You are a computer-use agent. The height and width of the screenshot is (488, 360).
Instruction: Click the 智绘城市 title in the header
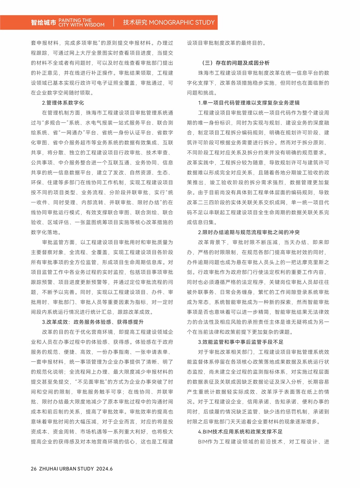coord(43,23)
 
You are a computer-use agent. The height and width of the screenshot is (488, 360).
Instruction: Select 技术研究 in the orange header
coord(135,23)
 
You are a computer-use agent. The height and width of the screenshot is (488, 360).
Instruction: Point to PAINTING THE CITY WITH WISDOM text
coord(82,23)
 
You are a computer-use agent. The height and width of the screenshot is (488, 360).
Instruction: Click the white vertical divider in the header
coord(114,23)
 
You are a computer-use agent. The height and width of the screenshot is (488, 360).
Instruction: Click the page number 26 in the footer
coord(34,469)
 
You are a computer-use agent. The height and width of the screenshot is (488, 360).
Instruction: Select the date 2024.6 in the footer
coord(104,469)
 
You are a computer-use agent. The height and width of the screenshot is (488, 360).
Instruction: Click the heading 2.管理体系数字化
coord(63,103)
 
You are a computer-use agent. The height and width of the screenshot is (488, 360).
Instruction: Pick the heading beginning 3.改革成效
coord(93,322)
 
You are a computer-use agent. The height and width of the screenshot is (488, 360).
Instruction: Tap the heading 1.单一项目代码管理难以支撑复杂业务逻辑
coord(249,103)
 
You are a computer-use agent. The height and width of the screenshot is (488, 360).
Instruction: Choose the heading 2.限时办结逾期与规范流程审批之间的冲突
coord(249,232)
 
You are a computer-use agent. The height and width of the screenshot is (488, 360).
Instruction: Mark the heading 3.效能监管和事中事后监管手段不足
coord(240,342)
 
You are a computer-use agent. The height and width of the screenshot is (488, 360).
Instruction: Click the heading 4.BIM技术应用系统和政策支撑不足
coord(240,432)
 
